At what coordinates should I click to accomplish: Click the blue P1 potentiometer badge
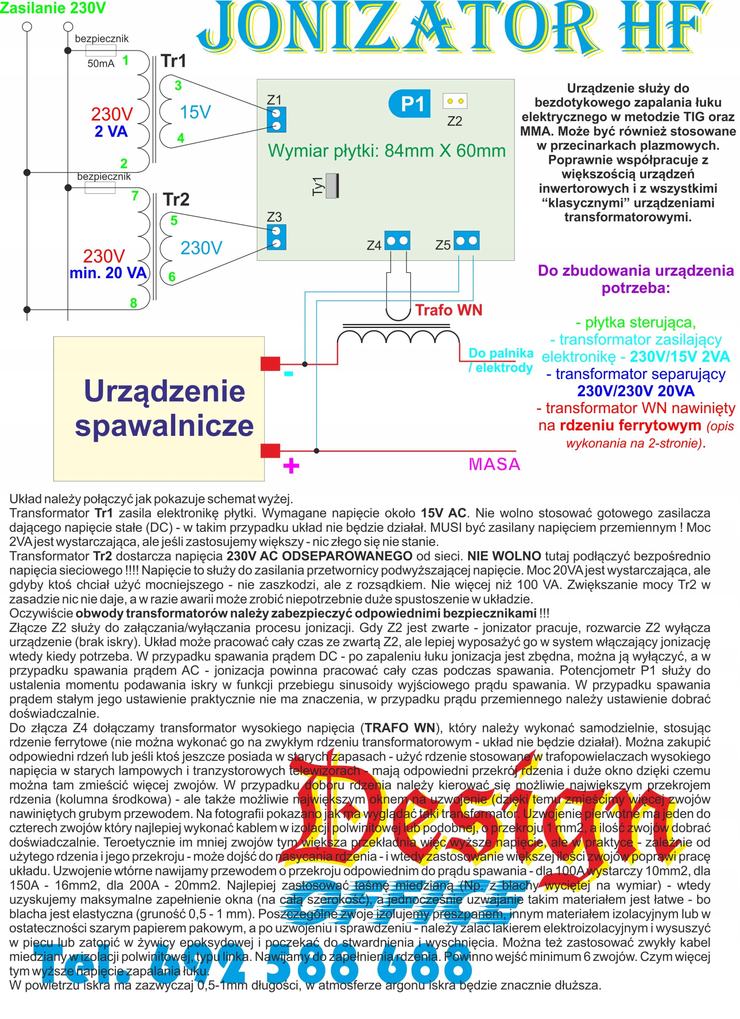[x=409, y=104]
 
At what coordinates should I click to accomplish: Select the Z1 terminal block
[x=276, y=119]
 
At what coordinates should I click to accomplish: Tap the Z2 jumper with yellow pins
[x=455, y=101]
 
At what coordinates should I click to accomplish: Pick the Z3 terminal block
[x=276, y=237]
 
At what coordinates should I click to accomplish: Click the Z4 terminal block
[x=397, y=241]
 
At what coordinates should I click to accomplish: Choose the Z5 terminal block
[x=466, y=240]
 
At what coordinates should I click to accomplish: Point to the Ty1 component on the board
[x=332, y=185]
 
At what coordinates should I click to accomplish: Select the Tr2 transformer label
[x=176, y=199]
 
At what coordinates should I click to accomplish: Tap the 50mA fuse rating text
[x=101, y=64]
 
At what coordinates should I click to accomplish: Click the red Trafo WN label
[x=448, y=310]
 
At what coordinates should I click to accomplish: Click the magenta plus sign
[x=291, y=466]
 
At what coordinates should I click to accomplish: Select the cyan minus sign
[x=289, y=373]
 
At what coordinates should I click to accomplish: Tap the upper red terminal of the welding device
[x=270, y=363]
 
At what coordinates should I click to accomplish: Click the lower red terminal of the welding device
[x=270, y=450]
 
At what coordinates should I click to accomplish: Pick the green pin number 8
[x=133, y=303]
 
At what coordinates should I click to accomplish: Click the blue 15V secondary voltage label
[x=195, y=112]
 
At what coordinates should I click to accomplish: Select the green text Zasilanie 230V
[x=53, y=8]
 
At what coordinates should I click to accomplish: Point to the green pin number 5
[x=174, y=221]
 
